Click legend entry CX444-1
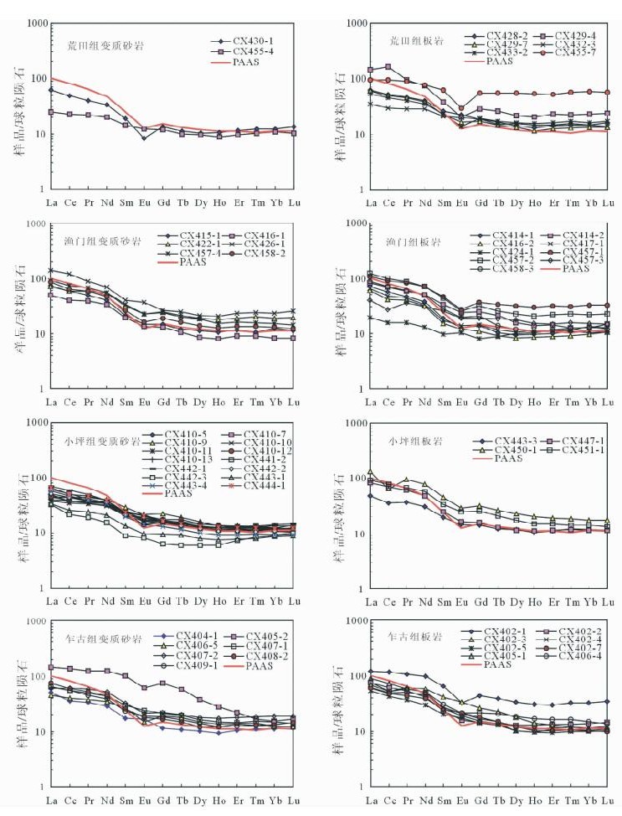pyautogui.click(x=266, y=484)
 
